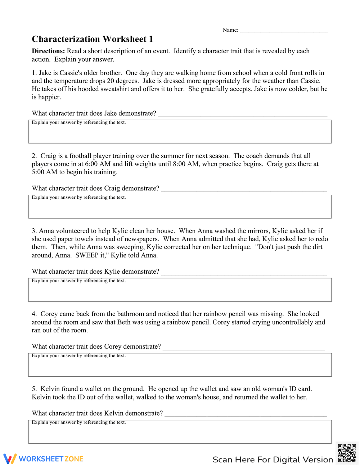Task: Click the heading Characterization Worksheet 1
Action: click(x=93, y=39)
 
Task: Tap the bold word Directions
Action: click(x=48, y=51)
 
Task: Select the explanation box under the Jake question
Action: click(x=180, y=133)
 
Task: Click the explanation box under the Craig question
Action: click(x=180, y=208)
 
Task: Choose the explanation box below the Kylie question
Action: click(x=180, y=291)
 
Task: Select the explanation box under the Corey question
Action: click(x=180, y=366)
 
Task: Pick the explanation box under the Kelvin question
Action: click(x=180, y=433)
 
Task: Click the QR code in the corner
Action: click(x=347, y=453)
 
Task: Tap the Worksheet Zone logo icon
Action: click(x=10, y=459)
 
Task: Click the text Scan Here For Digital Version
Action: click(x=273, y=460)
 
